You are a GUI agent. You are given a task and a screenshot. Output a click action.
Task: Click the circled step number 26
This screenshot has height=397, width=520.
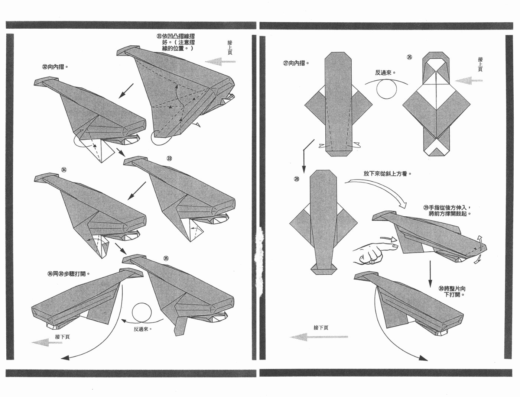(x=409, y=57)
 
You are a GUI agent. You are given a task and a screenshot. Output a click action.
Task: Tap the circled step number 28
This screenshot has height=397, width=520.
(x=296, y=179)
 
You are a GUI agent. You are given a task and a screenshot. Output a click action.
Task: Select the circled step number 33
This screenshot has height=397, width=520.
(x=169, y=158)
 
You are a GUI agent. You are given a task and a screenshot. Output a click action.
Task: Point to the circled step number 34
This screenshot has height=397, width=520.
(x=64, y=170)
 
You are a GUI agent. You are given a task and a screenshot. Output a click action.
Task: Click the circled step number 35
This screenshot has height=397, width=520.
(x=166, y=258)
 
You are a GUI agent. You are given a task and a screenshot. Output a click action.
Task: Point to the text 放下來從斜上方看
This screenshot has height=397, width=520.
(x=387, y=174)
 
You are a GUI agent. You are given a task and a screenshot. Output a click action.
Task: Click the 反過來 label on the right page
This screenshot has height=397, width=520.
(x=385, y=72)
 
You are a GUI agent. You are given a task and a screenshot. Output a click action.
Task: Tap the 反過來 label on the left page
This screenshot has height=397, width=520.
(x=143, y=329)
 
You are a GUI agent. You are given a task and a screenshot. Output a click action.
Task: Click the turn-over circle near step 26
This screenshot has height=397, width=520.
(x=386, y=89)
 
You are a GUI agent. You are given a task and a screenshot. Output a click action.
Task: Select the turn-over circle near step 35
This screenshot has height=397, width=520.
(x=142, y=313)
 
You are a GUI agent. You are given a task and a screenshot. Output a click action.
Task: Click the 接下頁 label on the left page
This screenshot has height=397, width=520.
(x=62, y=337)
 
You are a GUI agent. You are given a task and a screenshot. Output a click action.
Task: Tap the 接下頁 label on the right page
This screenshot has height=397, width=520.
(x=321, y=327)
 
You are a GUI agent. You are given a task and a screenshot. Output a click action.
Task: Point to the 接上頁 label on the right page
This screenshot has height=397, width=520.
(x=480, y=64)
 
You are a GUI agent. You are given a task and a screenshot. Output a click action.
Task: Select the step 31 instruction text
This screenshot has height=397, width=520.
(x=176, y=42)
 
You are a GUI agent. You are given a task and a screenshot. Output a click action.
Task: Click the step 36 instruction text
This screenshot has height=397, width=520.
(x=69, y=274)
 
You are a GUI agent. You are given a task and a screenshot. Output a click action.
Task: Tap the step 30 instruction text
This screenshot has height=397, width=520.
(x=452, y=291)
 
